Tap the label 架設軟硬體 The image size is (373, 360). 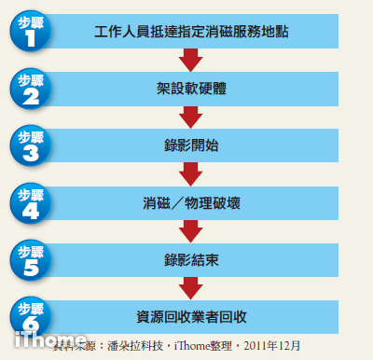coord(190,90)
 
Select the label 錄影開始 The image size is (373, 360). coord(190,146)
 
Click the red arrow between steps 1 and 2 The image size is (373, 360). coord(190,61)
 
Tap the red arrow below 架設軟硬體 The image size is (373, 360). coord(190,118)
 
